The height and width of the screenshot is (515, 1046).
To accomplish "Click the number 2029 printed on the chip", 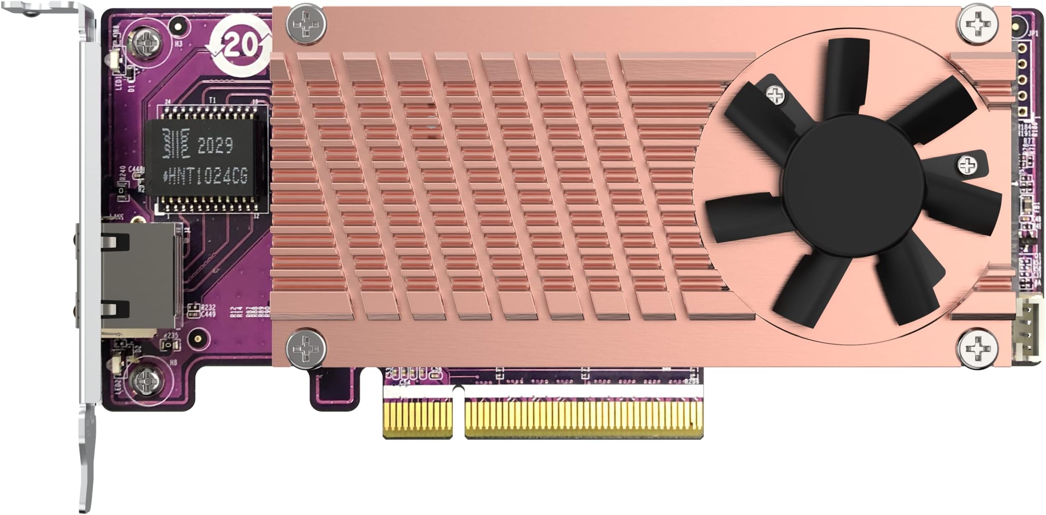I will [x=215, y=146].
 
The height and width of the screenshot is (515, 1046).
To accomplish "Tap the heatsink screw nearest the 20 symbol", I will [x=306, y=24].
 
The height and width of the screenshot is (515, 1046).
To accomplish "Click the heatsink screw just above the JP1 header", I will [x=978, y=25].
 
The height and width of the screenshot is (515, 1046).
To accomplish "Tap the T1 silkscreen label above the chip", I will [x=212, y=100].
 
